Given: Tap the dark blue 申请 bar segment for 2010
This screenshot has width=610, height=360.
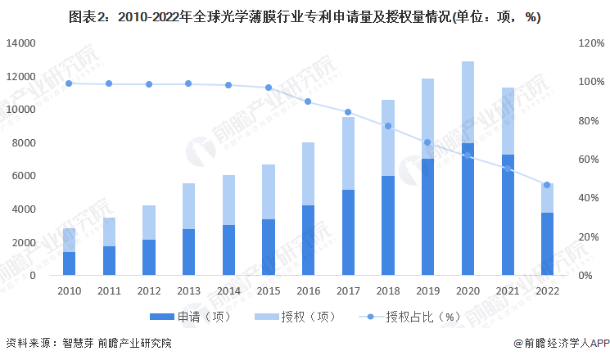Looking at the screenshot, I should click(70, 263).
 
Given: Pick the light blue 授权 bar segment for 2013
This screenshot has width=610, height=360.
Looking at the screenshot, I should click(188, 206).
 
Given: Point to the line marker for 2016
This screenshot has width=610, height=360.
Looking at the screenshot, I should click(308, 101).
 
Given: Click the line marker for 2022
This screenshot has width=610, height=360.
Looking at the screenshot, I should click(547, 185).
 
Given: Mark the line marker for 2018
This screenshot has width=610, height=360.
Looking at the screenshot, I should click(387, 126).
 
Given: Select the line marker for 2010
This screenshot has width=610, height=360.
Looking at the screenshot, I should click(70, 83).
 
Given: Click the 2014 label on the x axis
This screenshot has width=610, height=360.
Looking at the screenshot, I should click(228, 290).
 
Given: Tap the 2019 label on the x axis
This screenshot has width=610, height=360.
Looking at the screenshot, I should click(427, 290).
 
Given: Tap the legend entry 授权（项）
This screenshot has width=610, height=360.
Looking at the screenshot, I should click(291, 317).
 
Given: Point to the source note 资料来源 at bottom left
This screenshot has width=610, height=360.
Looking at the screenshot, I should click(88, 344).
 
